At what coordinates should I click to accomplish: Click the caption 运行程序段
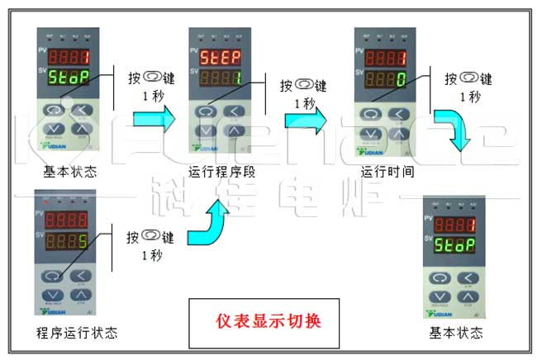222,173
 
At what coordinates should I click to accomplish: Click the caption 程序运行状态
75,334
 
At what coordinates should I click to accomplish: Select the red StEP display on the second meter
218,59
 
